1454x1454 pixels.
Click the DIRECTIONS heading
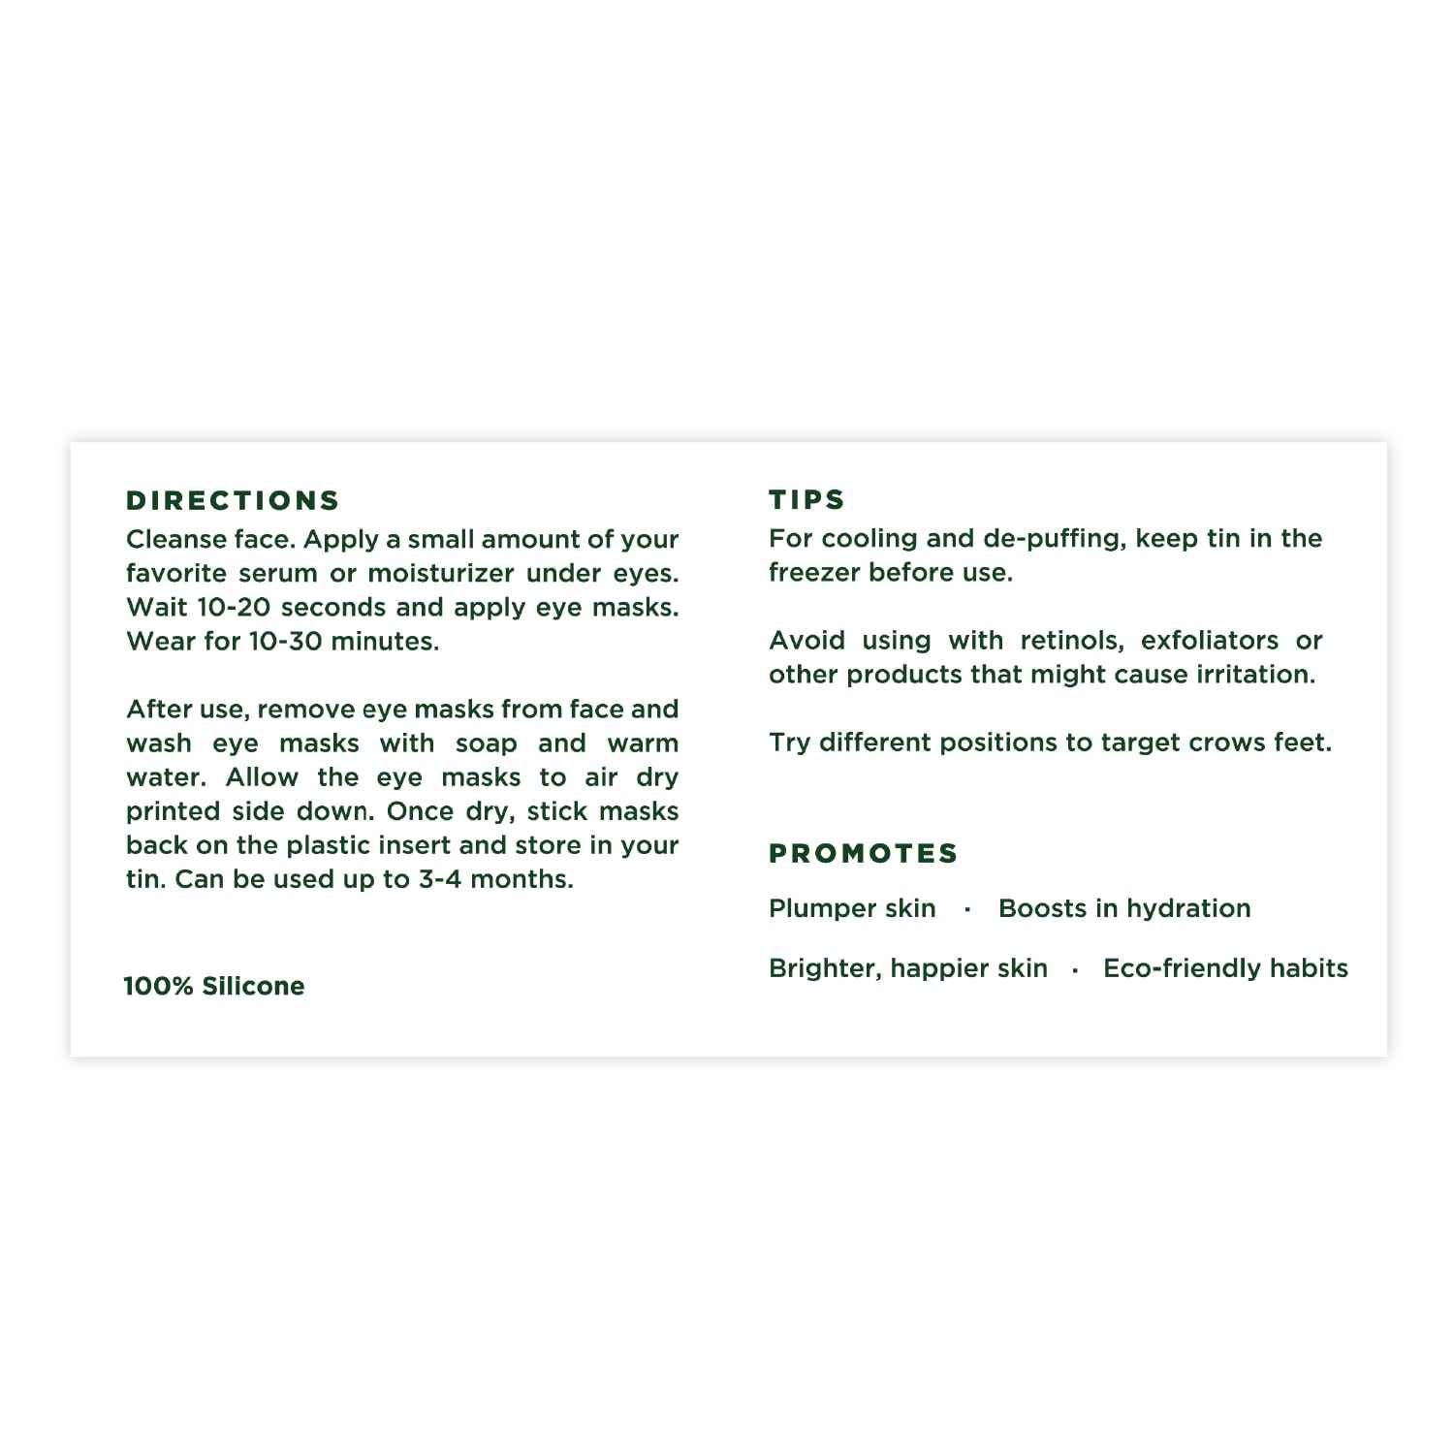pos(233,500)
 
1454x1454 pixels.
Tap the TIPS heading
pos(806,499)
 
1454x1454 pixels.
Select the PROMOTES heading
pos(863,853)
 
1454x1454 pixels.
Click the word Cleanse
pos(166,539)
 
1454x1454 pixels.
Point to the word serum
pos(278,573)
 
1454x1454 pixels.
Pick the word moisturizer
pos(439,573)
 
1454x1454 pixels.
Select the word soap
pos(486,743)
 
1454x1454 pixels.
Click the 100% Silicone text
pos(214,986)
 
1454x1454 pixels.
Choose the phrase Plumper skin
pos(852,908)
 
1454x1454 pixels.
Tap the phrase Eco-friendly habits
pos(1225,968)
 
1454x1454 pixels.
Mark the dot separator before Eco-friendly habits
pos(1075,969)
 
